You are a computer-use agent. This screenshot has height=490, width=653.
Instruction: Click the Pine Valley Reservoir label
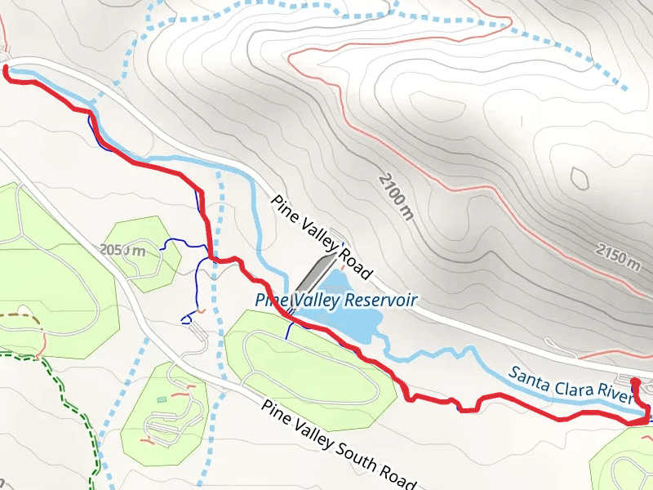pos(336,300)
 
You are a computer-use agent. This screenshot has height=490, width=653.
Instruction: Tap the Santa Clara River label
pos(571,385)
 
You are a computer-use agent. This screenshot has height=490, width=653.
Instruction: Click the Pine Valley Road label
pos(322,236)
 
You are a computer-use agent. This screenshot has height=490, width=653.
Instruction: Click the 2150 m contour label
pos(618,256)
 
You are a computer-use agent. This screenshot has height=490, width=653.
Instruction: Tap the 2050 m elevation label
pos(122,250)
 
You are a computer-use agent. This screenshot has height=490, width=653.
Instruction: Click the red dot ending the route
pos(636,381)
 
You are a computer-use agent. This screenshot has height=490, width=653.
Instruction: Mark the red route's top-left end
pos(7,70)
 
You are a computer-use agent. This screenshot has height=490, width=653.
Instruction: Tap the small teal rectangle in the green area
pos(162,399)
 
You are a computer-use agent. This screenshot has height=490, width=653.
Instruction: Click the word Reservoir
pos(380,300)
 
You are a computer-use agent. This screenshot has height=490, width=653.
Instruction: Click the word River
pos(615,394)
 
